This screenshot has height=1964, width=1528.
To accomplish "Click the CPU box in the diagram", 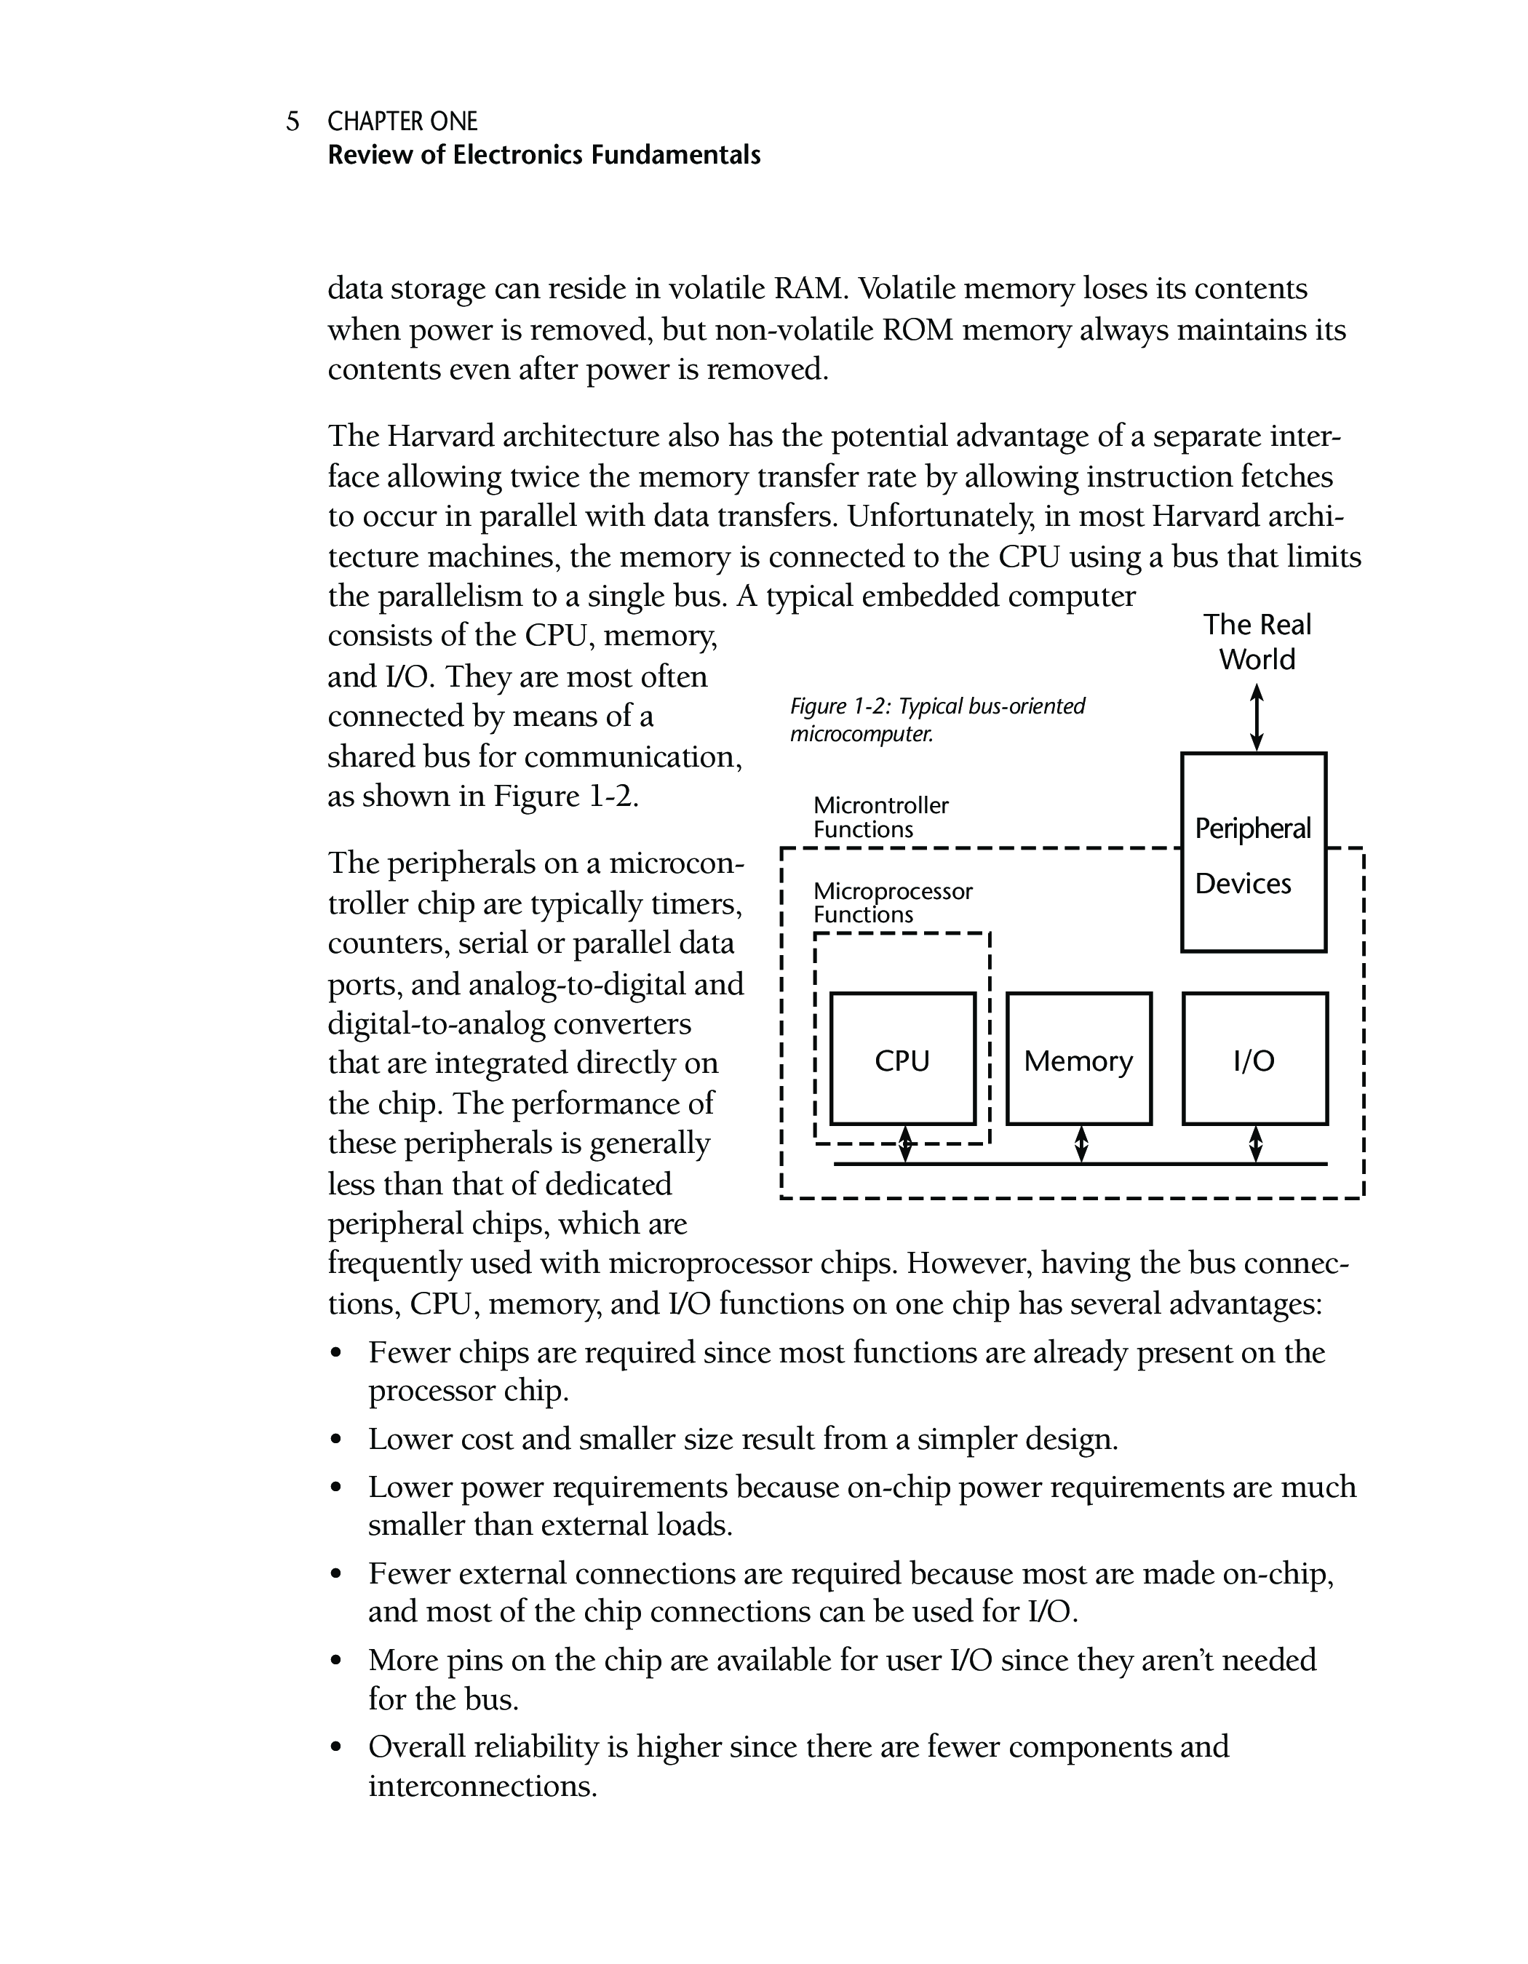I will point(902,1058).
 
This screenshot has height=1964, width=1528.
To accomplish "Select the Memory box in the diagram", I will point(1078,1058).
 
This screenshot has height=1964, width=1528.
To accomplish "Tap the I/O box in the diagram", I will point(1254,1058).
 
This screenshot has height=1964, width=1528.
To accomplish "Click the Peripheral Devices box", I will point(1253,853).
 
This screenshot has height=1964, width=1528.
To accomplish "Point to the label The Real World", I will point(1257,642).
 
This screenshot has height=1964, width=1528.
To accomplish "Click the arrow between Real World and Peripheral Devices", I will point(1257,718).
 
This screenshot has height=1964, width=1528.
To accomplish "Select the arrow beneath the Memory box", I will point(1081,1144).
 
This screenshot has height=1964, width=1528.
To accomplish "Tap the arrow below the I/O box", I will point(1257,1144).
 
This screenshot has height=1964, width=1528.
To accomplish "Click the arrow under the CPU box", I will point(906,1144).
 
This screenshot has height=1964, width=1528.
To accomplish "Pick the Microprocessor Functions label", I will point(892,903).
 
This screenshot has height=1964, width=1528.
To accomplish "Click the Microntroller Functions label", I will point(880,817).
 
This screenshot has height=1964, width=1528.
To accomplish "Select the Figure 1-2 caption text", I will point(936,719).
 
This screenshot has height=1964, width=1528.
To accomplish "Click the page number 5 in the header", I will point(293,121).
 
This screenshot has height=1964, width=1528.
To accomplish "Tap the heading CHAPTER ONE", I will point(402,121).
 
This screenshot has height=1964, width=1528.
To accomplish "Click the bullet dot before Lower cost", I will point(336,1440).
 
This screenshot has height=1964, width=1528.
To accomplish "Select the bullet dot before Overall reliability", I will point(336,1748).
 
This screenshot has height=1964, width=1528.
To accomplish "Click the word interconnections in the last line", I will point(482,1786).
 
